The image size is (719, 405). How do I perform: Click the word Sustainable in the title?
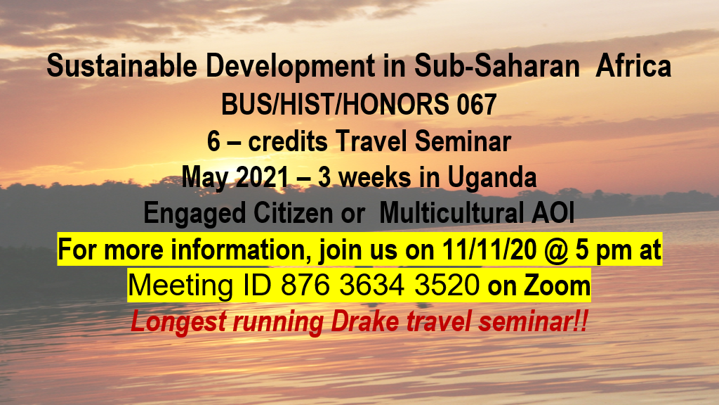click(x=122, y=65)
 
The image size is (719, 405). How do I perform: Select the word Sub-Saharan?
click(x=498, y=65)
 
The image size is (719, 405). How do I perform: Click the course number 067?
click(x=477, y=104)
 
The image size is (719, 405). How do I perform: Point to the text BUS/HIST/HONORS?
click(x=335, y=104)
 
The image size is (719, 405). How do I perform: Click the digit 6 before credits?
click(x=213, y=141)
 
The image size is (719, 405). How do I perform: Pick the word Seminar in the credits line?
click(x=463, y=141)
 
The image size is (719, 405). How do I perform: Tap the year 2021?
click(x=263, y=177)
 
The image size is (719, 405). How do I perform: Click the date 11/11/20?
click(x=489, y=250)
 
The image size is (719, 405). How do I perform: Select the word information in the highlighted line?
click(x=238, y=250)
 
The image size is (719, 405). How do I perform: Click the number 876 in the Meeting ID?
click(x=305, y=285)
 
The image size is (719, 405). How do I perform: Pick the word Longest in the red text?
click(x=178, y=322)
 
